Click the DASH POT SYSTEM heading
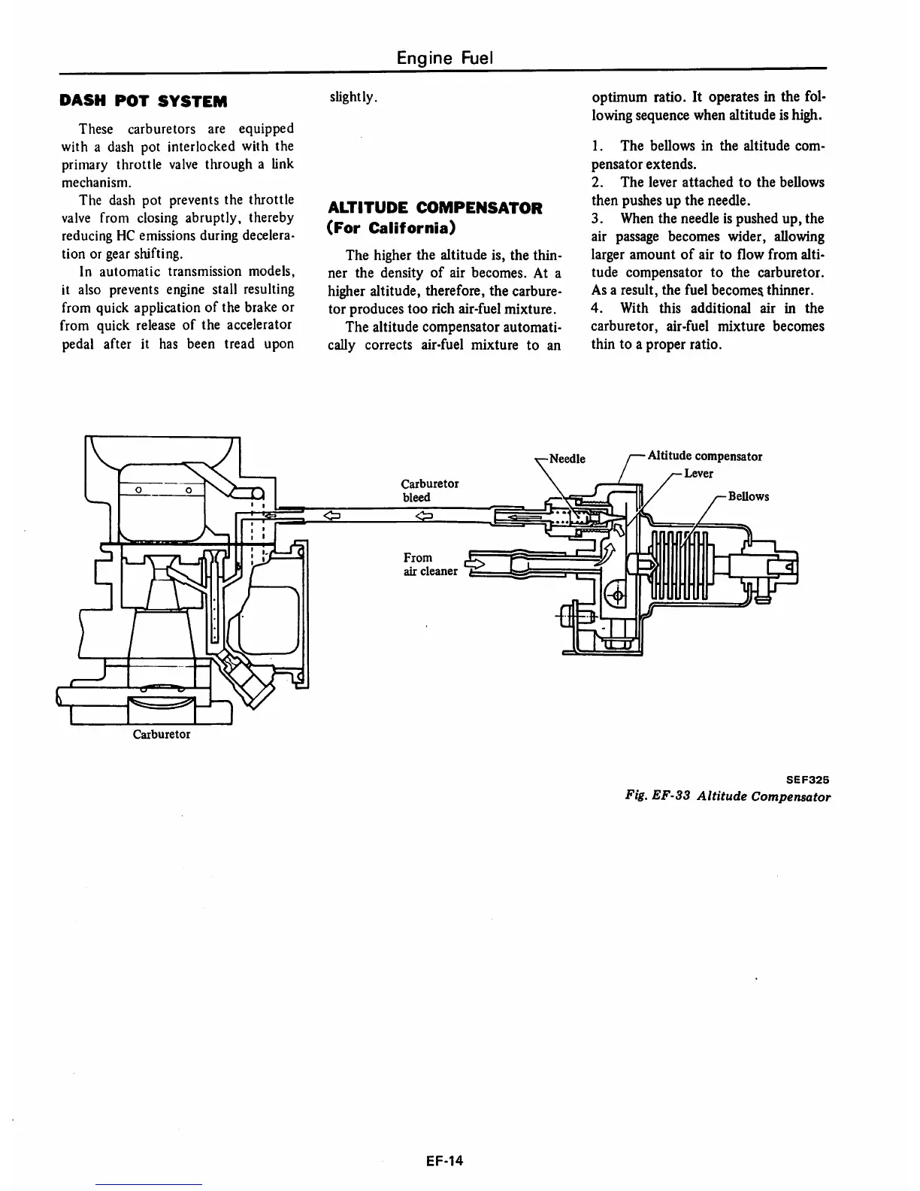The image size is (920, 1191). pyautogui.click(x=144, y=101)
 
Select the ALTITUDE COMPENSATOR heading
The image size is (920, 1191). pyautogui.click(x=435, y=208)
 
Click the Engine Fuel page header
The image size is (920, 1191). pyautogui.click(x=444, y=57)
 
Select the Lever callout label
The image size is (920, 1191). pyautogui.click(x=698, y=474)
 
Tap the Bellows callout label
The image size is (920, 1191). pyautogui.click(x=748, y=496)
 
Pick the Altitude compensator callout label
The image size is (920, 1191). pyautogui.click(x=704, y=456)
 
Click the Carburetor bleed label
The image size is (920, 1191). pyautogui.click(x=429, y=490)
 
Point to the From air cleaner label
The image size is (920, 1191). pyautogui.click(x=430, y=564)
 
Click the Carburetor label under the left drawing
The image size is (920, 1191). pyautogui.click(x=162, y=734)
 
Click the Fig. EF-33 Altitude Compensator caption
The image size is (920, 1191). pyautogui.click(x=727, y=797)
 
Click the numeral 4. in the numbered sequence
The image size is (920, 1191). pyautogui.click(x=597, y=308)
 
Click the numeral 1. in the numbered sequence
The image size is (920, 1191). pyautogui.click(x=597, y=146)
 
